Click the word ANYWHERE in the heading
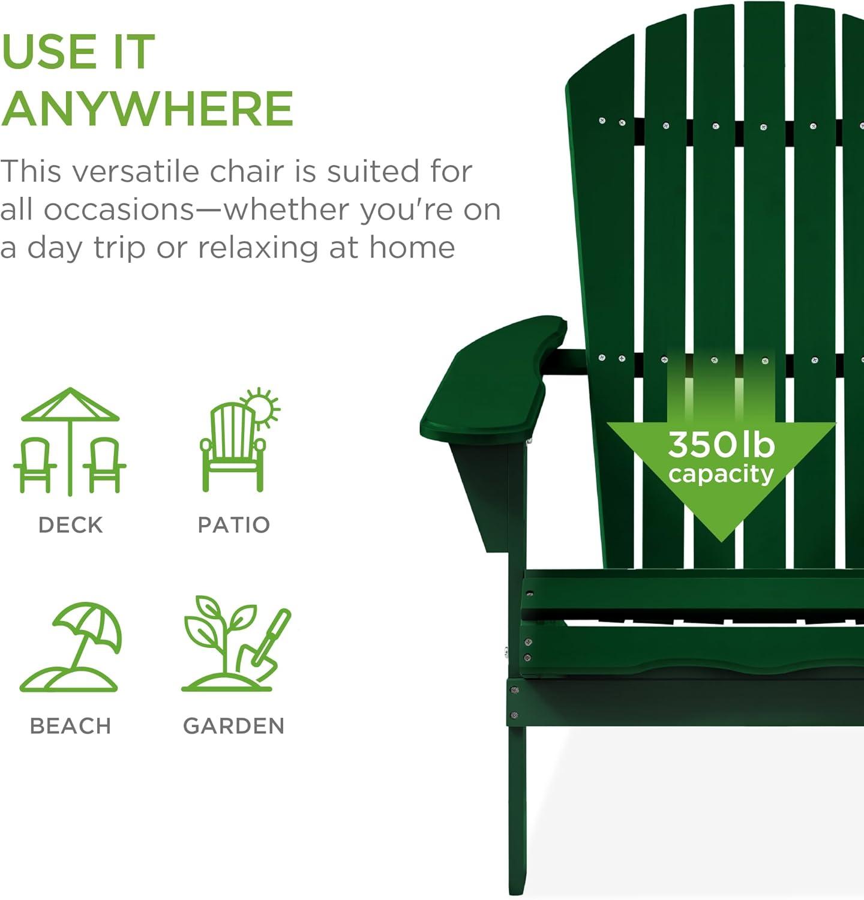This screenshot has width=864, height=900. [147, 109]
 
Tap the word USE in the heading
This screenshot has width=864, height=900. [50, 52]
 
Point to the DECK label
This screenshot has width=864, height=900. [71, 525]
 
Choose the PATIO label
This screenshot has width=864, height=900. [234, 525]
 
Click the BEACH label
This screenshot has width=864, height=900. [71, 726]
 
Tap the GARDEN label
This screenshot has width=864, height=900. [234, 726]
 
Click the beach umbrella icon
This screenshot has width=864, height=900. [71, 647]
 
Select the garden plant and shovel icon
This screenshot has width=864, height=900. [235, 644]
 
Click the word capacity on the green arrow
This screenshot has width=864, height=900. [721, 475]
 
